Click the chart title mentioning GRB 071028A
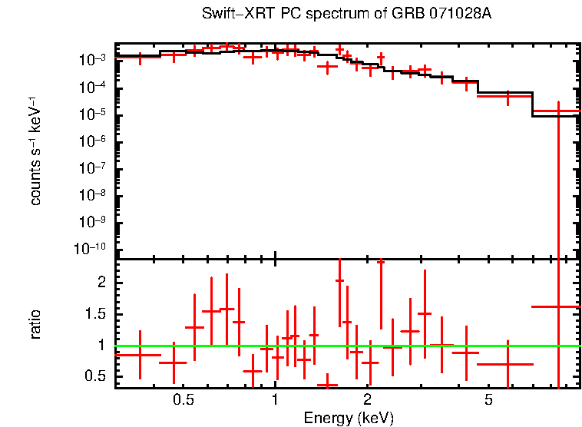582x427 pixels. click(346, 15)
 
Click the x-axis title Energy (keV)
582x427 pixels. click(349, 418)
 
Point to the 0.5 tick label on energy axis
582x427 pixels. click(183, 400)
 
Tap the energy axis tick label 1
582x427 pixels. click(275, 400)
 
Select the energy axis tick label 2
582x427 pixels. click(368, 400)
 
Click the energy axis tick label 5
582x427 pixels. click(489, 400)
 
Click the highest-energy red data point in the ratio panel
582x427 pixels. click(558, 306)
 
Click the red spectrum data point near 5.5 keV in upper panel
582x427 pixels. click(508, 97)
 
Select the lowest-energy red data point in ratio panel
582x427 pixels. click(140, 355)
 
